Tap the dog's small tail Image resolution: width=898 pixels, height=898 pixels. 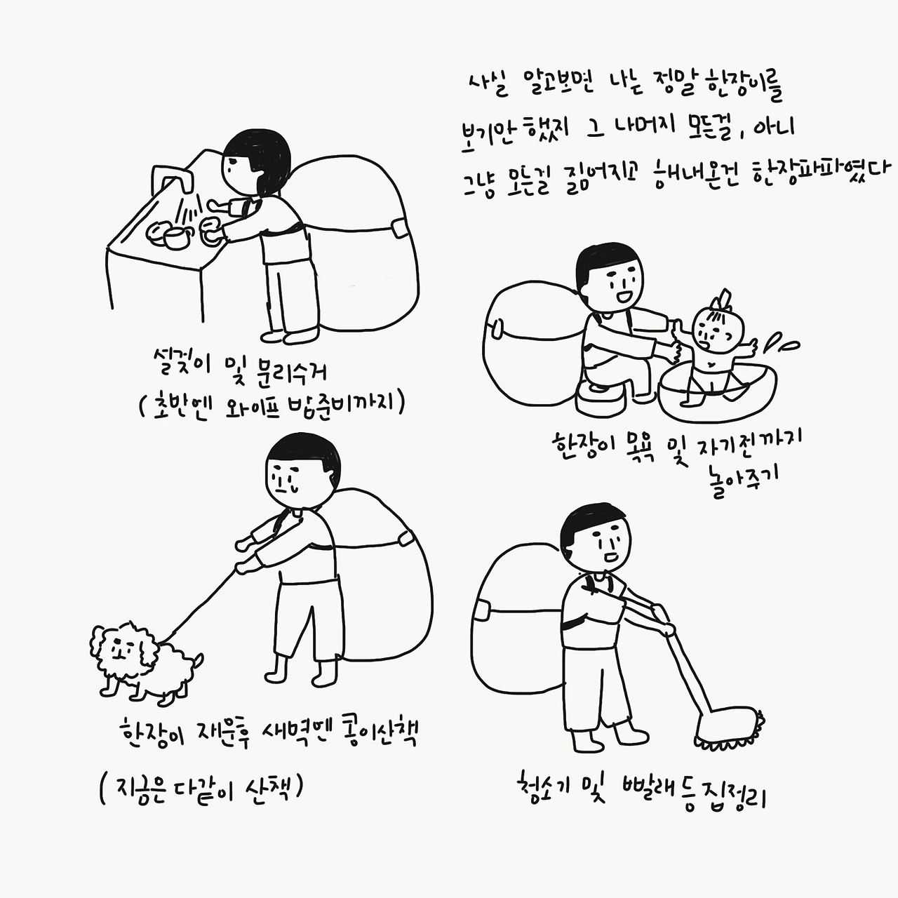click(198, 660)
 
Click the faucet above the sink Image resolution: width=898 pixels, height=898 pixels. click(173, 179)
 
